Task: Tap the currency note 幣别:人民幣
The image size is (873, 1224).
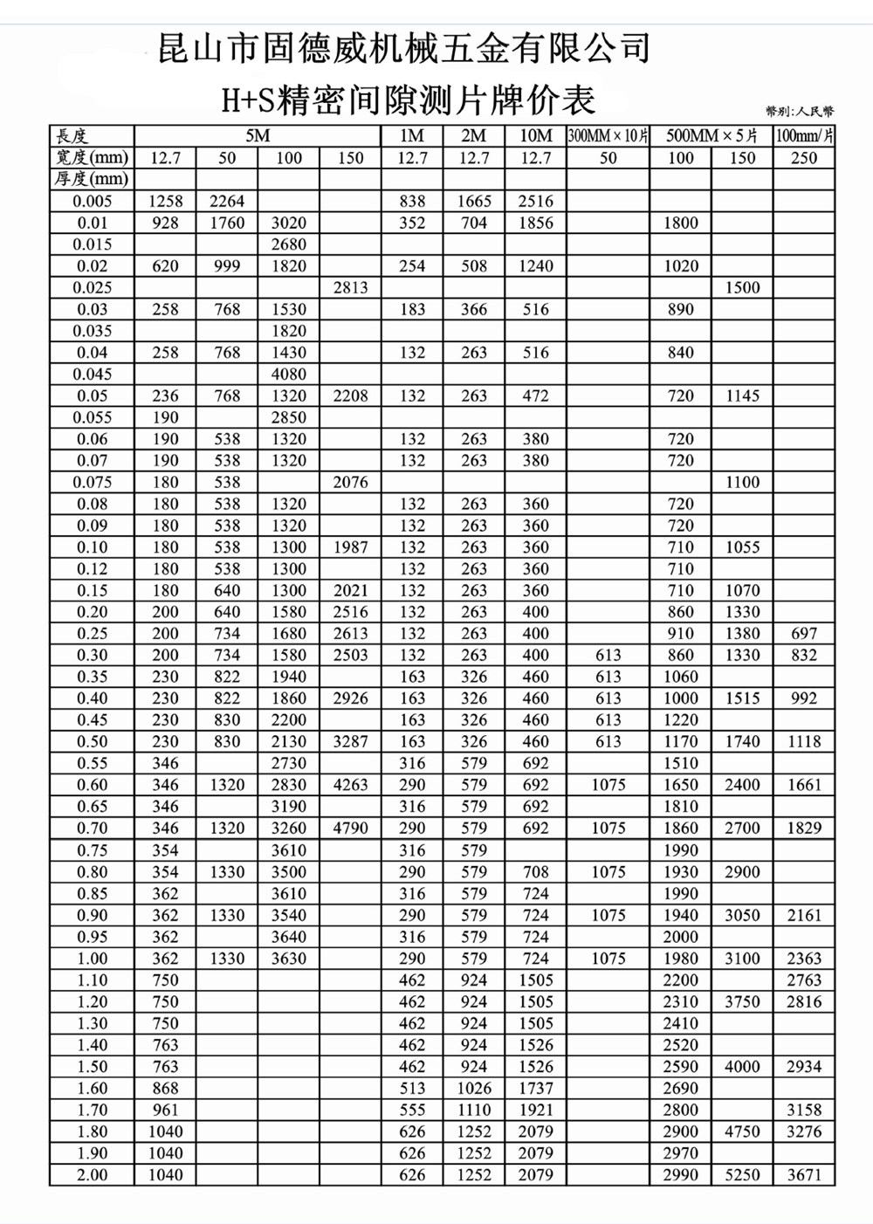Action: click(x=799, y=111)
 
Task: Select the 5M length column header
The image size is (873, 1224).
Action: click(x=258, y=136)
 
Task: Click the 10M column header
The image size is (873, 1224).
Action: click(x=535, y=136)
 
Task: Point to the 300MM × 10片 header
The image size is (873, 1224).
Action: click(x=608, y=136)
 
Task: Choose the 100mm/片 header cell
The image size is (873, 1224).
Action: click(x=804, y=136)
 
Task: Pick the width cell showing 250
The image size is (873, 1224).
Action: click(x=804, y=158)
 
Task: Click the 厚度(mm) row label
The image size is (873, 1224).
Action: click(x=92, y=180)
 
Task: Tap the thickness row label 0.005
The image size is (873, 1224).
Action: click(x=92, y=201)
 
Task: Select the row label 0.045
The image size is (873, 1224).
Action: click(x=92, y=374)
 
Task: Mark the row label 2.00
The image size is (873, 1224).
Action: click(x=92, y=1174)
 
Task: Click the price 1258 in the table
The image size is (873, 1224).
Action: click(x=165, y=201)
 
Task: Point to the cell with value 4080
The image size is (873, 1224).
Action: click(x=288, y=374)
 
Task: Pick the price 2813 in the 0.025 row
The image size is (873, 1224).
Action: click(x=350, y=287)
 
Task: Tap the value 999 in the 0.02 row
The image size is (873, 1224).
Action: click(x=227, y=266)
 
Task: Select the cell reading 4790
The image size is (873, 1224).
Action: click(x=350, y=828)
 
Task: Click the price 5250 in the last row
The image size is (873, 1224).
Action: click(x=742, y=1174)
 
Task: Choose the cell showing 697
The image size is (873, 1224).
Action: click(x=804, y=633)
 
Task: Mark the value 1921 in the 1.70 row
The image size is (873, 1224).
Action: click(x=535, y=1110)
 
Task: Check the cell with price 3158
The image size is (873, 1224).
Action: click(x=804, y=1110)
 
